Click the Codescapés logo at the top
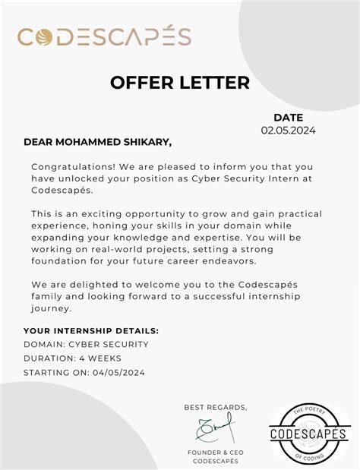coord(104,36)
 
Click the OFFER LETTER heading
coord(179,82)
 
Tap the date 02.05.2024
coord(288,130)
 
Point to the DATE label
coord(288,117)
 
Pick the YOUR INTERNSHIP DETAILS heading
coord(91,331)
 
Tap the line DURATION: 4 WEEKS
coord(72,358)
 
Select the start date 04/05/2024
coord(116,372)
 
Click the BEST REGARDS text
coord(216,408)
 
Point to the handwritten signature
coord(216,431)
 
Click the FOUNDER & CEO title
coord(215,453)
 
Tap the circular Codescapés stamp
coord(308,433)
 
